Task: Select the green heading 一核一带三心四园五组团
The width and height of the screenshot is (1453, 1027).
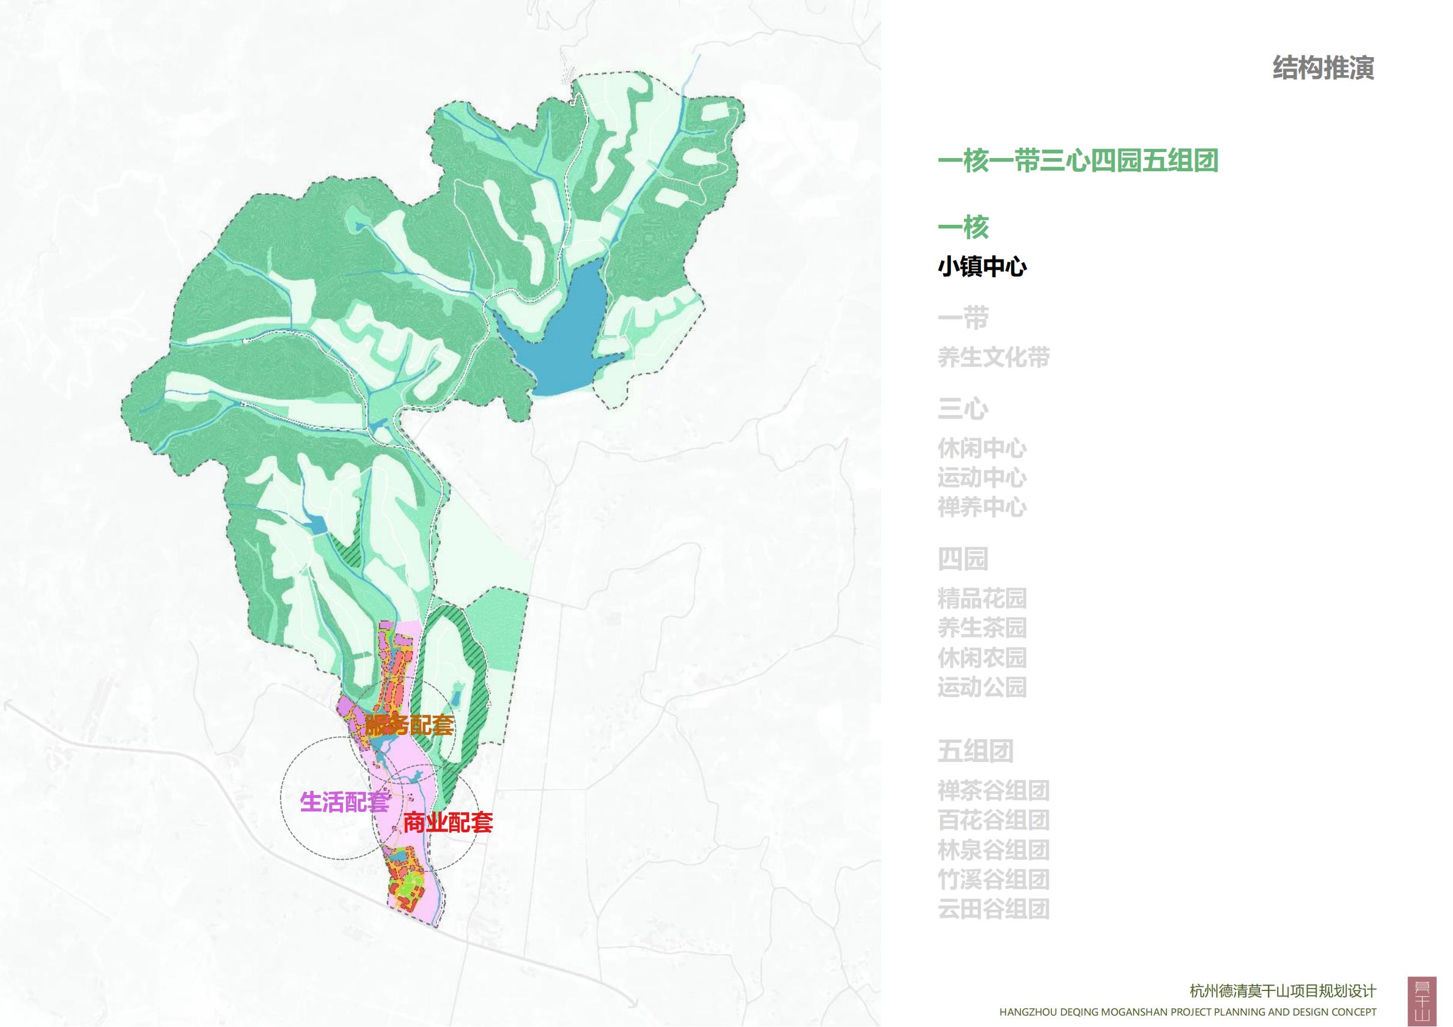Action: click(1078, 161)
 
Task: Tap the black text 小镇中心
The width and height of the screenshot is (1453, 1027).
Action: click(981, 267)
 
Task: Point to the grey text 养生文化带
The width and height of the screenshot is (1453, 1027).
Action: click(993, 358)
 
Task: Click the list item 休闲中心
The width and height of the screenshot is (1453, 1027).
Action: click(981, 449)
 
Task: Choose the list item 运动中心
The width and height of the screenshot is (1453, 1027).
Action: click(981, 478)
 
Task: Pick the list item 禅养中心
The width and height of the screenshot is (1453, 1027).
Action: click(981, 508)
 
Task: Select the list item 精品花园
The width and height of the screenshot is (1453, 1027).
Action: click(981, 599)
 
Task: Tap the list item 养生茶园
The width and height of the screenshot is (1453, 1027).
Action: click(981, 628)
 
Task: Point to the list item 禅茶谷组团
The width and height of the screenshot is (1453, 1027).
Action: click(993, 791)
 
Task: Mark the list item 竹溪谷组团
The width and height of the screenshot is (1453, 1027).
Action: click(993, 880)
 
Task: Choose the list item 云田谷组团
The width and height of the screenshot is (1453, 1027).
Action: click(993, 909)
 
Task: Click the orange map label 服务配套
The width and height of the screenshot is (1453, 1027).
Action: click(410, 725)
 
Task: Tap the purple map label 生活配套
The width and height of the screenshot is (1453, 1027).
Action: click(344, 802)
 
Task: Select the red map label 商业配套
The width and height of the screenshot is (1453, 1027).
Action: click(448, 823)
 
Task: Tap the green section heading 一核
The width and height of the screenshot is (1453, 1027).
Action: click(963, 227)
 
